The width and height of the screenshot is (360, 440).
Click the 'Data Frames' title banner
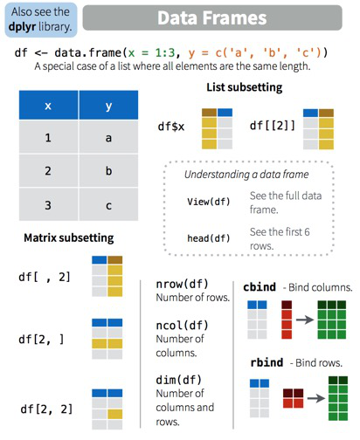tap(212, 17)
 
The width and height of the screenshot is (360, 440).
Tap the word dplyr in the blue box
tap(22, 27)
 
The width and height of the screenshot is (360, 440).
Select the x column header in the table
tap(48, 105)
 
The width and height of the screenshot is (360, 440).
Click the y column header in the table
tap(108, 105)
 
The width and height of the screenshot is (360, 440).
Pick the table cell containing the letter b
tap(108, 170)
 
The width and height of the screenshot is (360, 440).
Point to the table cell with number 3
tap(48, 204)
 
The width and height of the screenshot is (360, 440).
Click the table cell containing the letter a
tap(108, 137)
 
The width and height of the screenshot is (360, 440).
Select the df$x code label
tap(171, 127)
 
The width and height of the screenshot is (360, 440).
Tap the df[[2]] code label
tap(273, 126)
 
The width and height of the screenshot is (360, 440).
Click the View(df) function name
tap(209, 202)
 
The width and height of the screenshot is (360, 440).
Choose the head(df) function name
tap(209, 238)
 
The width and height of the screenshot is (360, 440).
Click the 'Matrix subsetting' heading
tap(69, 238)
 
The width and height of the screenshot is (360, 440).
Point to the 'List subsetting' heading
tap(245, 87)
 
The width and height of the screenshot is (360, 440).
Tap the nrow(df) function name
tap(183, 284)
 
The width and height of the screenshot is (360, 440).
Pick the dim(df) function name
tap(179, 380)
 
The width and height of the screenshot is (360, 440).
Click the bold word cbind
tap(260, 287)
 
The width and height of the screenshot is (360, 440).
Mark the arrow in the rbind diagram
tap(316, 397)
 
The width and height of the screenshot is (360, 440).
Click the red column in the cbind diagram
tap(287, 320)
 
